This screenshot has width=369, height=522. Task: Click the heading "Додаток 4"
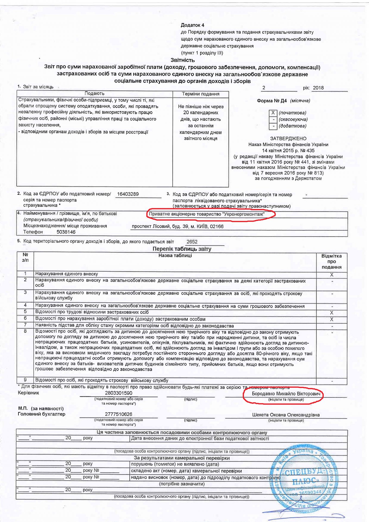tap(192, 25)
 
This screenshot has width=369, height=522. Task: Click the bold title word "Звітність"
tap(183, 60)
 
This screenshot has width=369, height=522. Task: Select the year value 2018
tap(318, 88)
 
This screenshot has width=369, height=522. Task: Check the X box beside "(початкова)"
tap(273, 113)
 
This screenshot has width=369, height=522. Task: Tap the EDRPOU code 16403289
tap(128, 194)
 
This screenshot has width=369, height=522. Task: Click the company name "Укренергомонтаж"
tap(243, 214)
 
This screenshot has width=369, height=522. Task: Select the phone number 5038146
tap(66, 232)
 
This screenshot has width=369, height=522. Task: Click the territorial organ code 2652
tap(192, 242)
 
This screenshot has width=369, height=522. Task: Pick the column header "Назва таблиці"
tap(175, 256)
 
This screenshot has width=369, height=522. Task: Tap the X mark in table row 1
tap(332, 275)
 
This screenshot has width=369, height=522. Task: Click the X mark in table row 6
tap(332, 320)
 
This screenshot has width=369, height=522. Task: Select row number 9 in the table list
tap(25, 380)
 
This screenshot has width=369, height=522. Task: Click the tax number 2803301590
tap(119, 393)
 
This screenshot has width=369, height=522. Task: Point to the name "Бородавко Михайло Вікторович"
tap(286, 394)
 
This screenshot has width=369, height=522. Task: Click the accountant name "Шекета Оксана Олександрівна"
tap(286, 415)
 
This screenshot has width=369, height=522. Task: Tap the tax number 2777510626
tap(119, 414)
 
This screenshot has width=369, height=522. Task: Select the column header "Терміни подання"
tap(201, 94)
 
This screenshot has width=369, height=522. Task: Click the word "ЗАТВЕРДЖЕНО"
tap(288, 139)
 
